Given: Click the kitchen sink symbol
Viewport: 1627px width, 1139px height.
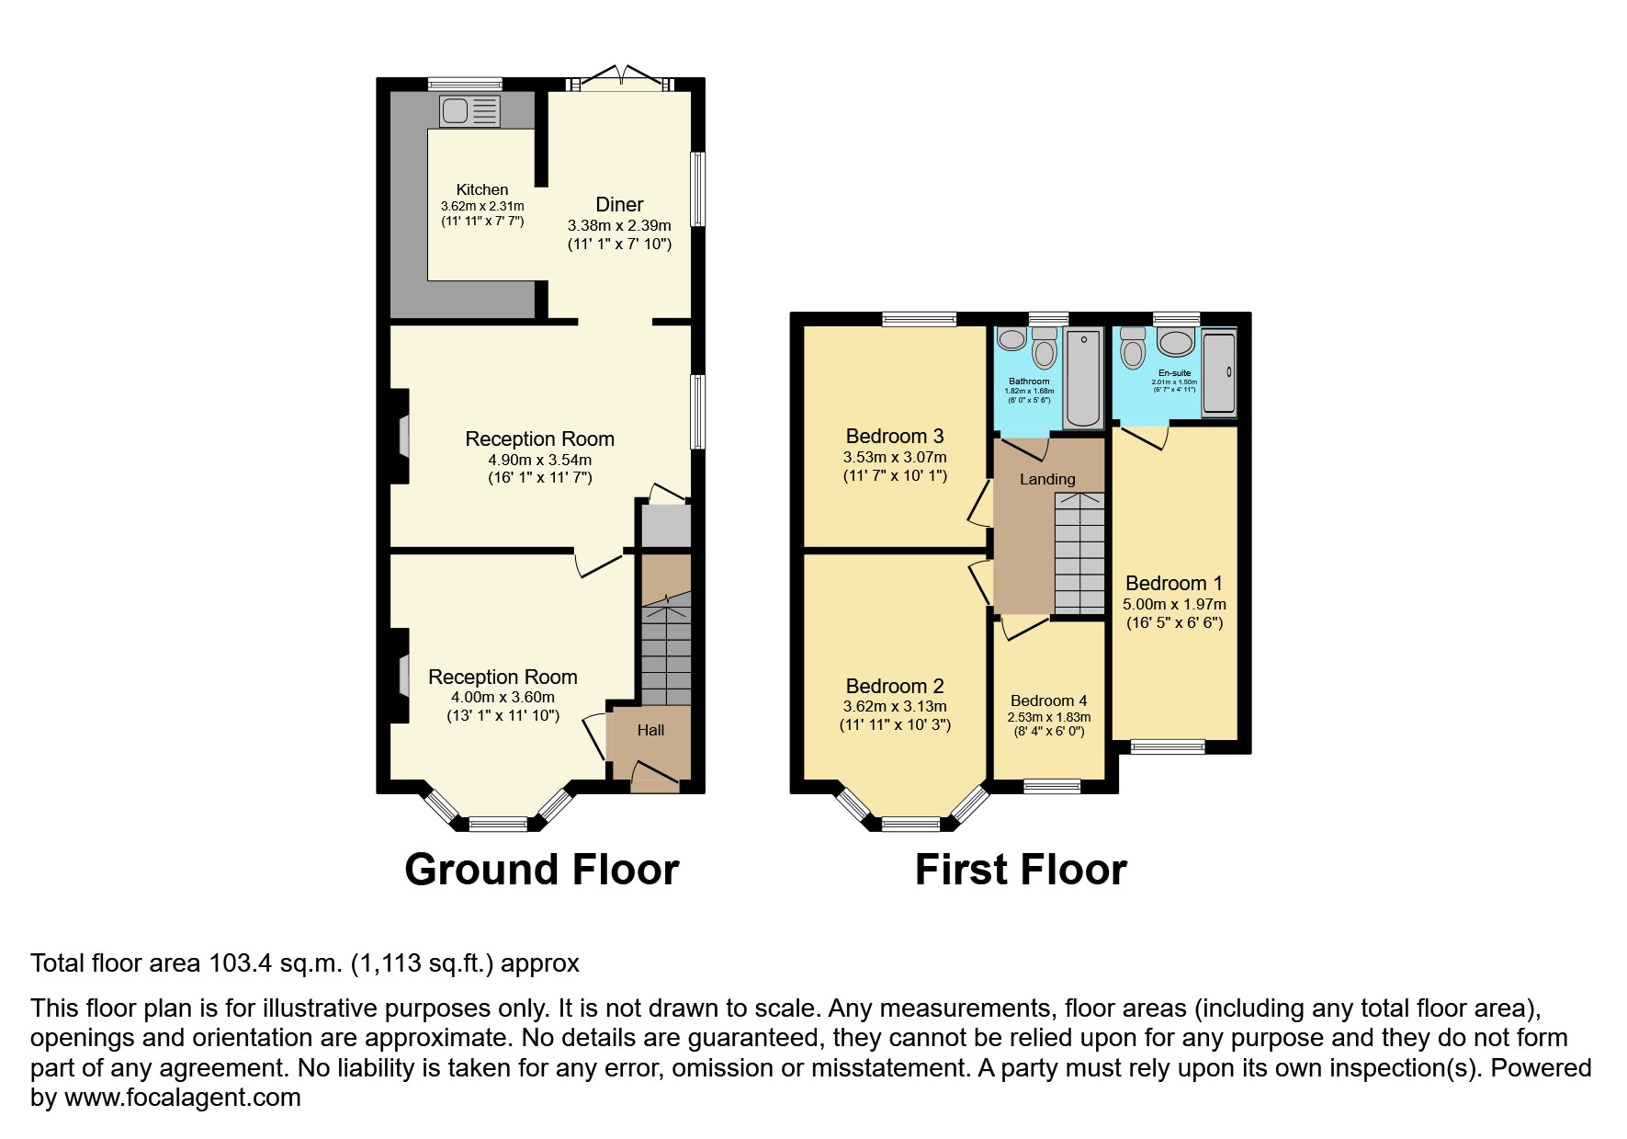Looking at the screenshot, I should click(469, 111).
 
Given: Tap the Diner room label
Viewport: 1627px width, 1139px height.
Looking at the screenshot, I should click(619, 205).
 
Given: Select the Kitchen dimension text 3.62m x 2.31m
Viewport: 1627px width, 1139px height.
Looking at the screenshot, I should click(482, 206).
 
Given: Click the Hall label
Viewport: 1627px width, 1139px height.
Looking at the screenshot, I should click(650, 731).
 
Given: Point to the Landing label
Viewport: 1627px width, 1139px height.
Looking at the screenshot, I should click(1047, 479).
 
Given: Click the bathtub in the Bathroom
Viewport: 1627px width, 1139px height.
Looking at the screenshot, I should click(1084, 378).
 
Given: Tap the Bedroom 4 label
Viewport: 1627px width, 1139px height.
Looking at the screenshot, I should click(1048, 700).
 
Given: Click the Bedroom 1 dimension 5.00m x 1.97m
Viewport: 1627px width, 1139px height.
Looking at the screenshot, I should click(1174, 604).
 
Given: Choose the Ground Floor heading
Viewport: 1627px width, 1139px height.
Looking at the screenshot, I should click(541, 870).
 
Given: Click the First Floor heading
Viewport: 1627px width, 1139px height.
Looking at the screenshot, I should click(1020, 870).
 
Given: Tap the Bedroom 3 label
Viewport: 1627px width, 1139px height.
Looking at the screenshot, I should click(894, 436).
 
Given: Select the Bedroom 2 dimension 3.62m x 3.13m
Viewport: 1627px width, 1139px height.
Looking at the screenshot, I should click(894, 706).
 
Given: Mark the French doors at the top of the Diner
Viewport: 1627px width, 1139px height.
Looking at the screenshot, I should click(622, 79).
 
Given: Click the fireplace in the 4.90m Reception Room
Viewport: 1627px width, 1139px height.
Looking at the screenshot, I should click(402, 437).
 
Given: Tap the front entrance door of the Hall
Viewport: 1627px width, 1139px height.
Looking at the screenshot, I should click(655, 777).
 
